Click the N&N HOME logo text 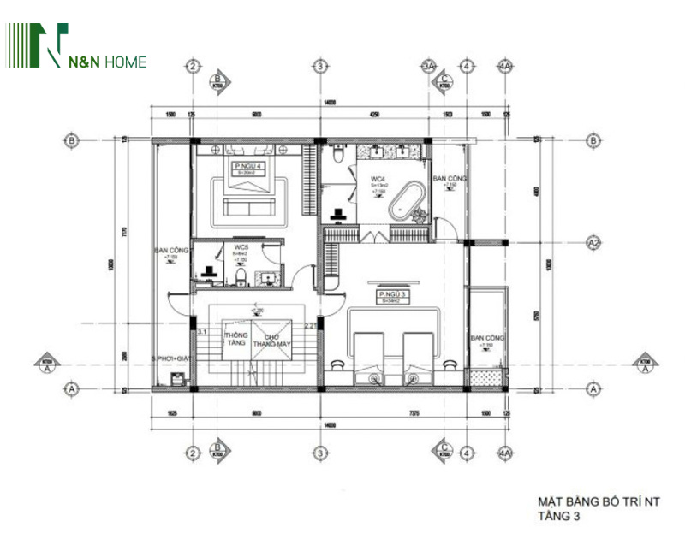(108, 61)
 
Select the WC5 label (241, 248)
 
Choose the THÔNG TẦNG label (236, 338)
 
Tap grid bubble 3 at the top (319, 66)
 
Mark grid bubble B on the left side (73, 140)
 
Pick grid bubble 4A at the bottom (505, 453)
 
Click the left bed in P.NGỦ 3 (371, 353)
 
